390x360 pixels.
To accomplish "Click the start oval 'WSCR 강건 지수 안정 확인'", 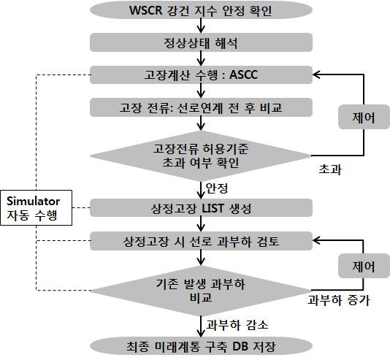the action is coord(201,10).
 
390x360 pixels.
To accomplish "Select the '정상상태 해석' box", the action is coord(201,42).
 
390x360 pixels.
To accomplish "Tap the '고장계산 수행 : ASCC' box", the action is coord(201,74).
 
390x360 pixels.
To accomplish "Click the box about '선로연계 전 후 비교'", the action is coord(201,107).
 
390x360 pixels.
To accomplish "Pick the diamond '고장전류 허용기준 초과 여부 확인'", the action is coord(201,156).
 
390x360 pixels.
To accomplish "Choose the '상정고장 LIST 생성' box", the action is coord(201,208).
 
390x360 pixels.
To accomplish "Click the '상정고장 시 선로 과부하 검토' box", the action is coord(201,241).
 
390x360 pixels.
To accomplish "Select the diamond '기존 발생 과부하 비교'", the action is coord(201,291).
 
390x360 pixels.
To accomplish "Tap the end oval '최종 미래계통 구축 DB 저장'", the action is coord(201,346).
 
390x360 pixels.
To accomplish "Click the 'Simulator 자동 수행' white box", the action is coord(37,208).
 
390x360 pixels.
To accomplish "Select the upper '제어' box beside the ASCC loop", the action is coord(364,117).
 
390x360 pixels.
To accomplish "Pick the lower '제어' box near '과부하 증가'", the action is coord(364,266).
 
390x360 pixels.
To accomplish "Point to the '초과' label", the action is coord(330,169).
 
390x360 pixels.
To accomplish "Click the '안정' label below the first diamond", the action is coord(217,188).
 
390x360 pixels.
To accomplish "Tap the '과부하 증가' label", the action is coord(339,300).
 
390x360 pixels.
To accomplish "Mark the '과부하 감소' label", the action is coord(237,325).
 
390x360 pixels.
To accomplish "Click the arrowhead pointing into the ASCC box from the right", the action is coord(316,74).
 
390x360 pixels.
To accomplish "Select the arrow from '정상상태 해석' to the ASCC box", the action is coord(201,58).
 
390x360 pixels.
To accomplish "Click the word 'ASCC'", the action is coord(243,74).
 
